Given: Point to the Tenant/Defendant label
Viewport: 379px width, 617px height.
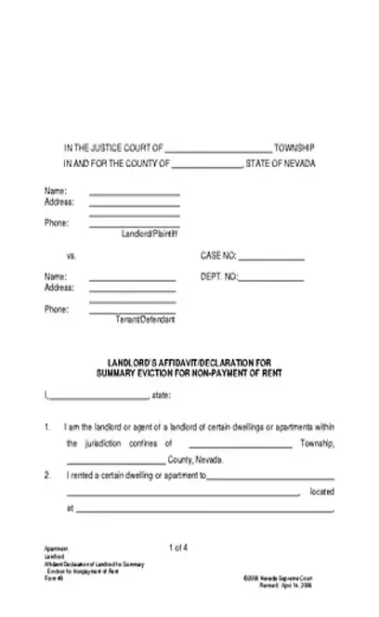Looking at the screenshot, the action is (145, 319).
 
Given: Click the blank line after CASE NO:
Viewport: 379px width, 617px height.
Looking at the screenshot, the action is (271, 258).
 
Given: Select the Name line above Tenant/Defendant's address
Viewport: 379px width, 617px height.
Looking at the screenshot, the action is (132, 279).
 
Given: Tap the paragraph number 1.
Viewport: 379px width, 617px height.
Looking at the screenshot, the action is (46, 428).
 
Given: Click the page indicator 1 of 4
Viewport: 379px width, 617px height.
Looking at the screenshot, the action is (179, 547).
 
